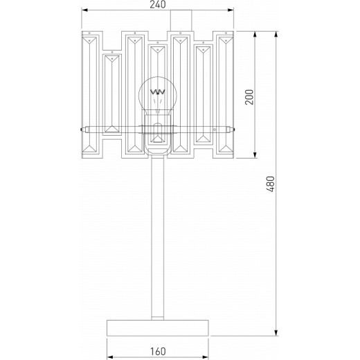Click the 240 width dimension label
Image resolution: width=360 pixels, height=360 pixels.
pyautogui.click(x=158, y=6)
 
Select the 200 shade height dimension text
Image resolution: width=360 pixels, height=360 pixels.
pyautogui.click(x=250, y=98)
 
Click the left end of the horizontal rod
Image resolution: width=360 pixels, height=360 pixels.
pyautogui.click(x=84, y=129)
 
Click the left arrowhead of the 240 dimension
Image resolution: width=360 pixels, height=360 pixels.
pyautogui.click(x=84, y=11)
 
